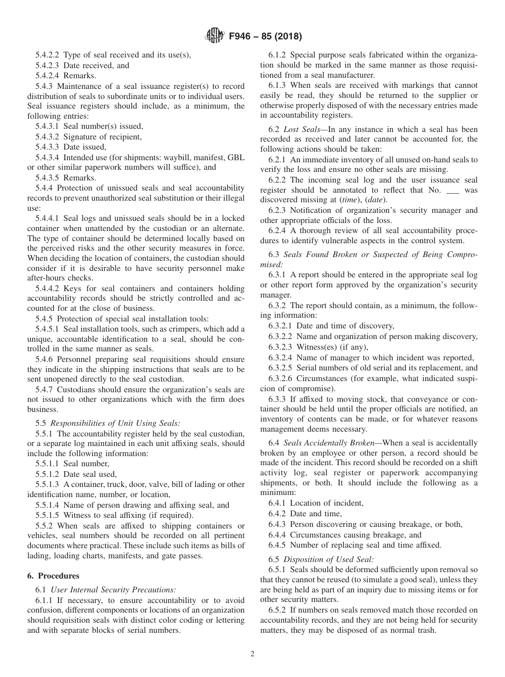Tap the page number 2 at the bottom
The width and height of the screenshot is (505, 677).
(252, 654)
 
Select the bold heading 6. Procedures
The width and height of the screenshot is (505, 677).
(53, 576)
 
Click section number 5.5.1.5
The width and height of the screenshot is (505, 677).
(48, 515)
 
